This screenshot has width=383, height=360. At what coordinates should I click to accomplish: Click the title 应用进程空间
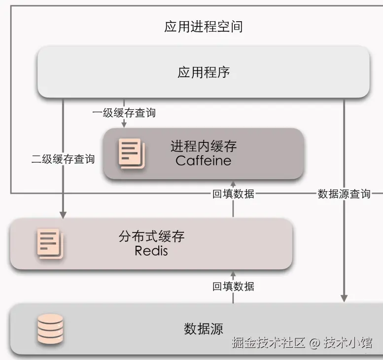203,26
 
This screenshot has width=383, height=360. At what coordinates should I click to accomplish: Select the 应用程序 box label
203,72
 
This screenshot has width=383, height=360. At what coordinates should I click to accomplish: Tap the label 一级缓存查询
124,113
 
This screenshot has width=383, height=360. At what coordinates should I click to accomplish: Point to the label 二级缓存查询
63,159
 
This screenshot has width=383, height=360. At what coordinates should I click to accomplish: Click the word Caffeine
203,161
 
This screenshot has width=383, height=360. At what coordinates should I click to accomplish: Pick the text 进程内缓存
203,146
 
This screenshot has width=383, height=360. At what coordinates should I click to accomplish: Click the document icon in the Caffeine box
131,154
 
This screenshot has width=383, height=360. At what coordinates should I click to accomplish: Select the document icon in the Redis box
50,243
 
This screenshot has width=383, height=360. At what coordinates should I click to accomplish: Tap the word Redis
151,251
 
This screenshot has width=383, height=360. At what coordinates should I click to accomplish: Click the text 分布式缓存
151,236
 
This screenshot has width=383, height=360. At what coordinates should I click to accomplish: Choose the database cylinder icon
50,328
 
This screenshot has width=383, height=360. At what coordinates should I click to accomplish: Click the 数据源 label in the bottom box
203,328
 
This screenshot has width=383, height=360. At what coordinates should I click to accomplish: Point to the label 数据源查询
344,194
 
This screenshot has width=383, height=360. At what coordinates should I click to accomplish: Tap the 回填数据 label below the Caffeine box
233,194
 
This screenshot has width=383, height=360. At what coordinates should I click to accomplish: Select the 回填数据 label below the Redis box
233,286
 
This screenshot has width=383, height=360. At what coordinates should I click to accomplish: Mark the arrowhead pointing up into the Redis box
233,274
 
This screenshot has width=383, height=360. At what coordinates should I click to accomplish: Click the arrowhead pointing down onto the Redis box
63,215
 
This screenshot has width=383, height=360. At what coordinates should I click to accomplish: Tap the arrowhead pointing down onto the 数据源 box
344,298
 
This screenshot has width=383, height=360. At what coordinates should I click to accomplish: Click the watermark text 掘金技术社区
269,343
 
